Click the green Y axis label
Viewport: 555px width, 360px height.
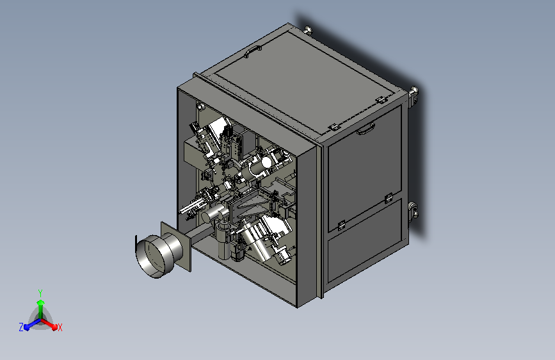[40, 293]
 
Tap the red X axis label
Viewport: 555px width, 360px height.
[60, 327]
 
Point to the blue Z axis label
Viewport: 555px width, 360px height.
[21, 327]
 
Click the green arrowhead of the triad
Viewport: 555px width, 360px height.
[41, 302]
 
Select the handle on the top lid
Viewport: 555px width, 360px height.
[253, 51]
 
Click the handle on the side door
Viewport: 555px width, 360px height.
[366, 129]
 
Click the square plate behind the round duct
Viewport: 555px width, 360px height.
[176, 247]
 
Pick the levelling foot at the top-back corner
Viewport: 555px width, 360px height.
[308, 31]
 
